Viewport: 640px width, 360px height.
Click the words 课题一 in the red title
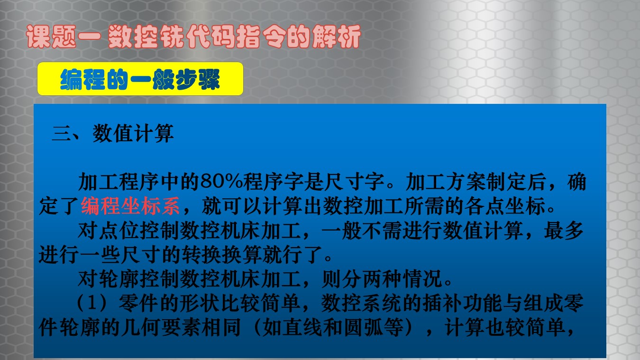tap(64, 37)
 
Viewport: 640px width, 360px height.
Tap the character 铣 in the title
tap(172, 37)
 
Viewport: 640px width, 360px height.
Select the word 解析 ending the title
tap(337, 37)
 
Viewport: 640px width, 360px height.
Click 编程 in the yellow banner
tap(82, 80)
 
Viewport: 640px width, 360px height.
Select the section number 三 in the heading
tap(61, 134)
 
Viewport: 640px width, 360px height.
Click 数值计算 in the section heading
tap(133, 134)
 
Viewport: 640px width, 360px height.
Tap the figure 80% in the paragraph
tap(221, 182)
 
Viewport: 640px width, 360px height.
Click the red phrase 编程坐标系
tap(130, 206)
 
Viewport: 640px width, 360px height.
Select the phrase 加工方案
tap(446, 182)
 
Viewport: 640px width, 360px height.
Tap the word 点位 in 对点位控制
tap(119, 231)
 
